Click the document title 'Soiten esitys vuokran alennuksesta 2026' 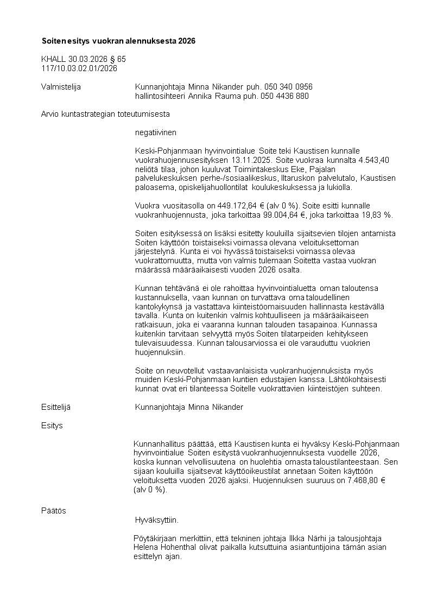(x=118, y=41)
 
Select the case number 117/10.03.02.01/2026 (x=79, y=68)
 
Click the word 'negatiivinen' (x=156, y=132)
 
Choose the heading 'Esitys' (x=52, y=426)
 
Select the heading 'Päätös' (x=54, y=511)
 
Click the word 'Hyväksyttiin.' (x=156, y=520)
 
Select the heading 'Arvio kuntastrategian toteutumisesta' (x=106, y=114)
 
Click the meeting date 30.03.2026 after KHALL (x=88, y=59)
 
